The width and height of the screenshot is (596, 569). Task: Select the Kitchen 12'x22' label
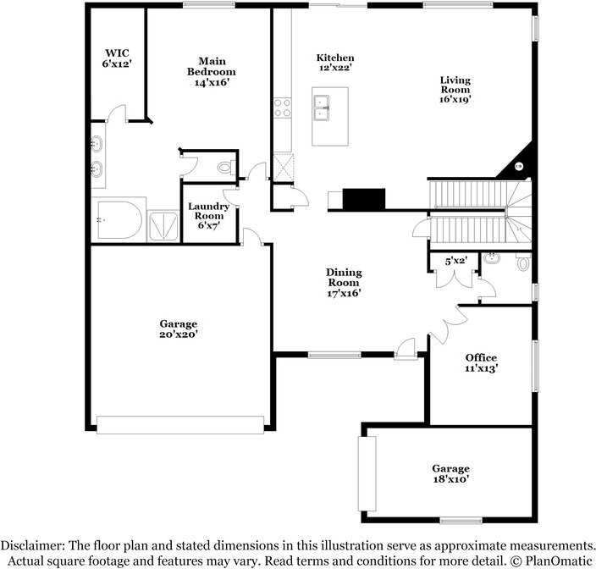[335, 63]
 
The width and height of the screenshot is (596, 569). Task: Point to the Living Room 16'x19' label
[455, 90]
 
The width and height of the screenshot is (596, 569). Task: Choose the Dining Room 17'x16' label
[344, 283]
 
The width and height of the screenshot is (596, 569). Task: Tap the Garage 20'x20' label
[178, 329]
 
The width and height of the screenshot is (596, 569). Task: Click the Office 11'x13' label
[481, 363]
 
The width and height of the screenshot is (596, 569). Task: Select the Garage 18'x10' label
[450, 474]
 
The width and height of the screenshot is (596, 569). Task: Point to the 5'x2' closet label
[456, 262]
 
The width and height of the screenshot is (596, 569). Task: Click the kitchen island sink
[322, 108]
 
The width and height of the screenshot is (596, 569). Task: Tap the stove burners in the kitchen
[282, 107]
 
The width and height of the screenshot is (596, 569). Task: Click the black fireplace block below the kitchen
[364, 199]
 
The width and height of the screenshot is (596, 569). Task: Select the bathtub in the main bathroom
[119, 219]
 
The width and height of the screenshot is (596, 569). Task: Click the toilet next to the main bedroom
[225, 167]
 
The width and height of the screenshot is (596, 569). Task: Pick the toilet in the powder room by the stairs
[522, 262]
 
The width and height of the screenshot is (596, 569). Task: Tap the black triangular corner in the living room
[516, 167]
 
